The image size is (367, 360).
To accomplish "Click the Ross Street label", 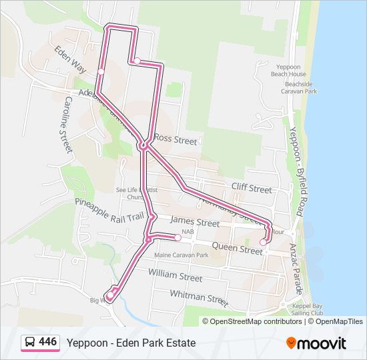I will tap(175, 141).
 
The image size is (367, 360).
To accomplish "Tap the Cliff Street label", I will tap(252, 189).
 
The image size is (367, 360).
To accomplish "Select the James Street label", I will tap(195, 222).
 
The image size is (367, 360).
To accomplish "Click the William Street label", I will tap(175, 275).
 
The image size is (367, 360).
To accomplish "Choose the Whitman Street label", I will tap(199, 296).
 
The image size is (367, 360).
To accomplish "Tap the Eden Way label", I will tap(71, 59).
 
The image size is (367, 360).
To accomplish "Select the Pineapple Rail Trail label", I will tap(109, 208).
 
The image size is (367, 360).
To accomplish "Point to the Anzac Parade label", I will tap(298, 267).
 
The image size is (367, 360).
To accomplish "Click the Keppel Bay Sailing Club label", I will tap(308, 309).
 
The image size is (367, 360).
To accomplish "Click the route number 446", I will tap(48, 342).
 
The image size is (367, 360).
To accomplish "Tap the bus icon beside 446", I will tap(30, 343).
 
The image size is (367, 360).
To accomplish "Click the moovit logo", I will tap(316, 343).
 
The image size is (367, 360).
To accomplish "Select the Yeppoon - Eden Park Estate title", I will tap(131, 343).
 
